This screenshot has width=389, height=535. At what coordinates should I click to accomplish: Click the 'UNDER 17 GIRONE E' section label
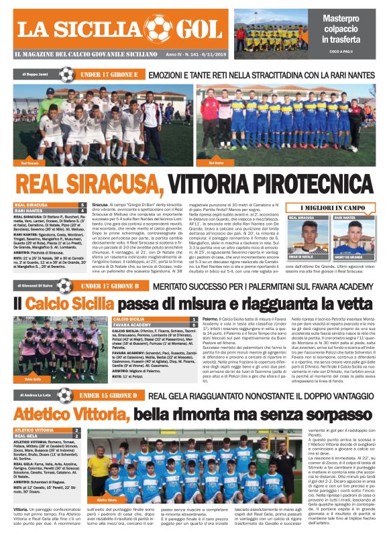click(109, 74)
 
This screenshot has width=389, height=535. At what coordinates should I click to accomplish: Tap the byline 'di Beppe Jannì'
click(34, 74)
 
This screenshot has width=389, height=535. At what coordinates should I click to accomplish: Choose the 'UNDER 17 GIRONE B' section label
click(109, 287)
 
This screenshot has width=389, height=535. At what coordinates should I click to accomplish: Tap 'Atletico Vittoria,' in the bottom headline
click(71, 414)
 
